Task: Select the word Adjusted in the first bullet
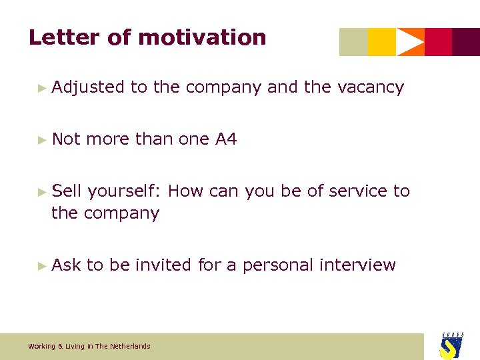[88, 87]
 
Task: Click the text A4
[226, 139]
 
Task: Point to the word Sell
[67, 191]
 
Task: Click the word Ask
[66, 265]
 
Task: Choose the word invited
[163, 265]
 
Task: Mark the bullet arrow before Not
[43, 140]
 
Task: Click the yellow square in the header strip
[381, 42]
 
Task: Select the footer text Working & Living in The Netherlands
[89, 346]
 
